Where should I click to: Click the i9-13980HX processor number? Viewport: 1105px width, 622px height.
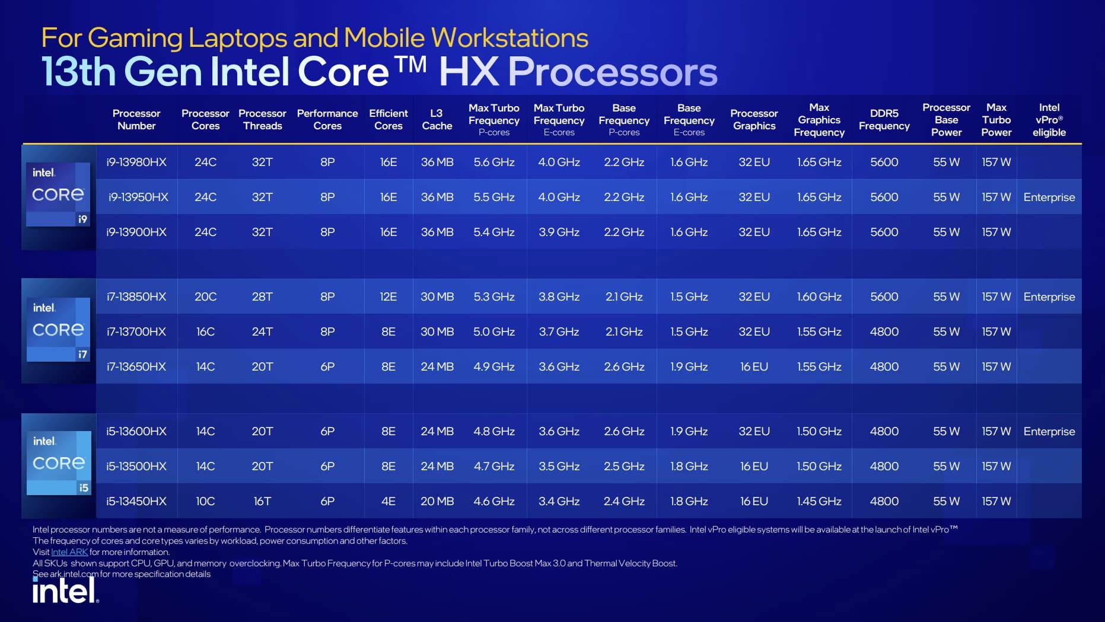point(136,162)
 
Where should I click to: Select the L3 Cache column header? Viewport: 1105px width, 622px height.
point(437,119)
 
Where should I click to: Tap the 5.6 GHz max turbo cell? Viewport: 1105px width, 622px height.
point(493,162)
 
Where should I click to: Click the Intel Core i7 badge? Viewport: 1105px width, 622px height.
point(58,330)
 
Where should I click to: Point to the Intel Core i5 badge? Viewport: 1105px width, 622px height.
point(59,463)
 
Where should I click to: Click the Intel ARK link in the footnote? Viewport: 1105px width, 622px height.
point(69,552)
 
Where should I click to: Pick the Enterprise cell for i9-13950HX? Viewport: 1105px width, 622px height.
point(1049,197)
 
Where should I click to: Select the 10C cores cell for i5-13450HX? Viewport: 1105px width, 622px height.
point(205,501)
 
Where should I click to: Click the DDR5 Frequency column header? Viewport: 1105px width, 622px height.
point(884,119)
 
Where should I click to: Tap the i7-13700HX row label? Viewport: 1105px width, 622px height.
point(136,331)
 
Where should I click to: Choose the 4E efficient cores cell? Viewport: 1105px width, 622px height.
point(388,501)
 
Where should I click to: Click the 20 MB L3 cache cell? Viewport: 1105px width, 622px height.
point(437,501)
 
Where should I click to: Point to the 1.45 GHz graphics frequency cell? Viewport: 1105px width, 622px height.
point(819,501)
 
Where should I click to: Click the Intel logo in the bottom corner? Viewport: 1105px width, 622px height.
point(65,590)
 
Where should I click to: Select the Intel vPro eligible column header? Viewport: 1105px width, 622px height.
point(1049,120)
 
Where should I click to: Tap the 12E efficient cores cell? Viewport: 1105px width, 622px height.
point(388,296)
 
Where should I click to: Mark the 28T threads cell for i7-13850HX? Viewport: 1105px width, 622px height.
point(262,296)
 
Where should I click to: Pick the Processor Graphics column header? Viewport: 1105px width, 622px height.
point(754,119)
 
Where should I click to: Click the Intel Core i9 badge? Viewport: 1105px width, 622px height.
point(58,194)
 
